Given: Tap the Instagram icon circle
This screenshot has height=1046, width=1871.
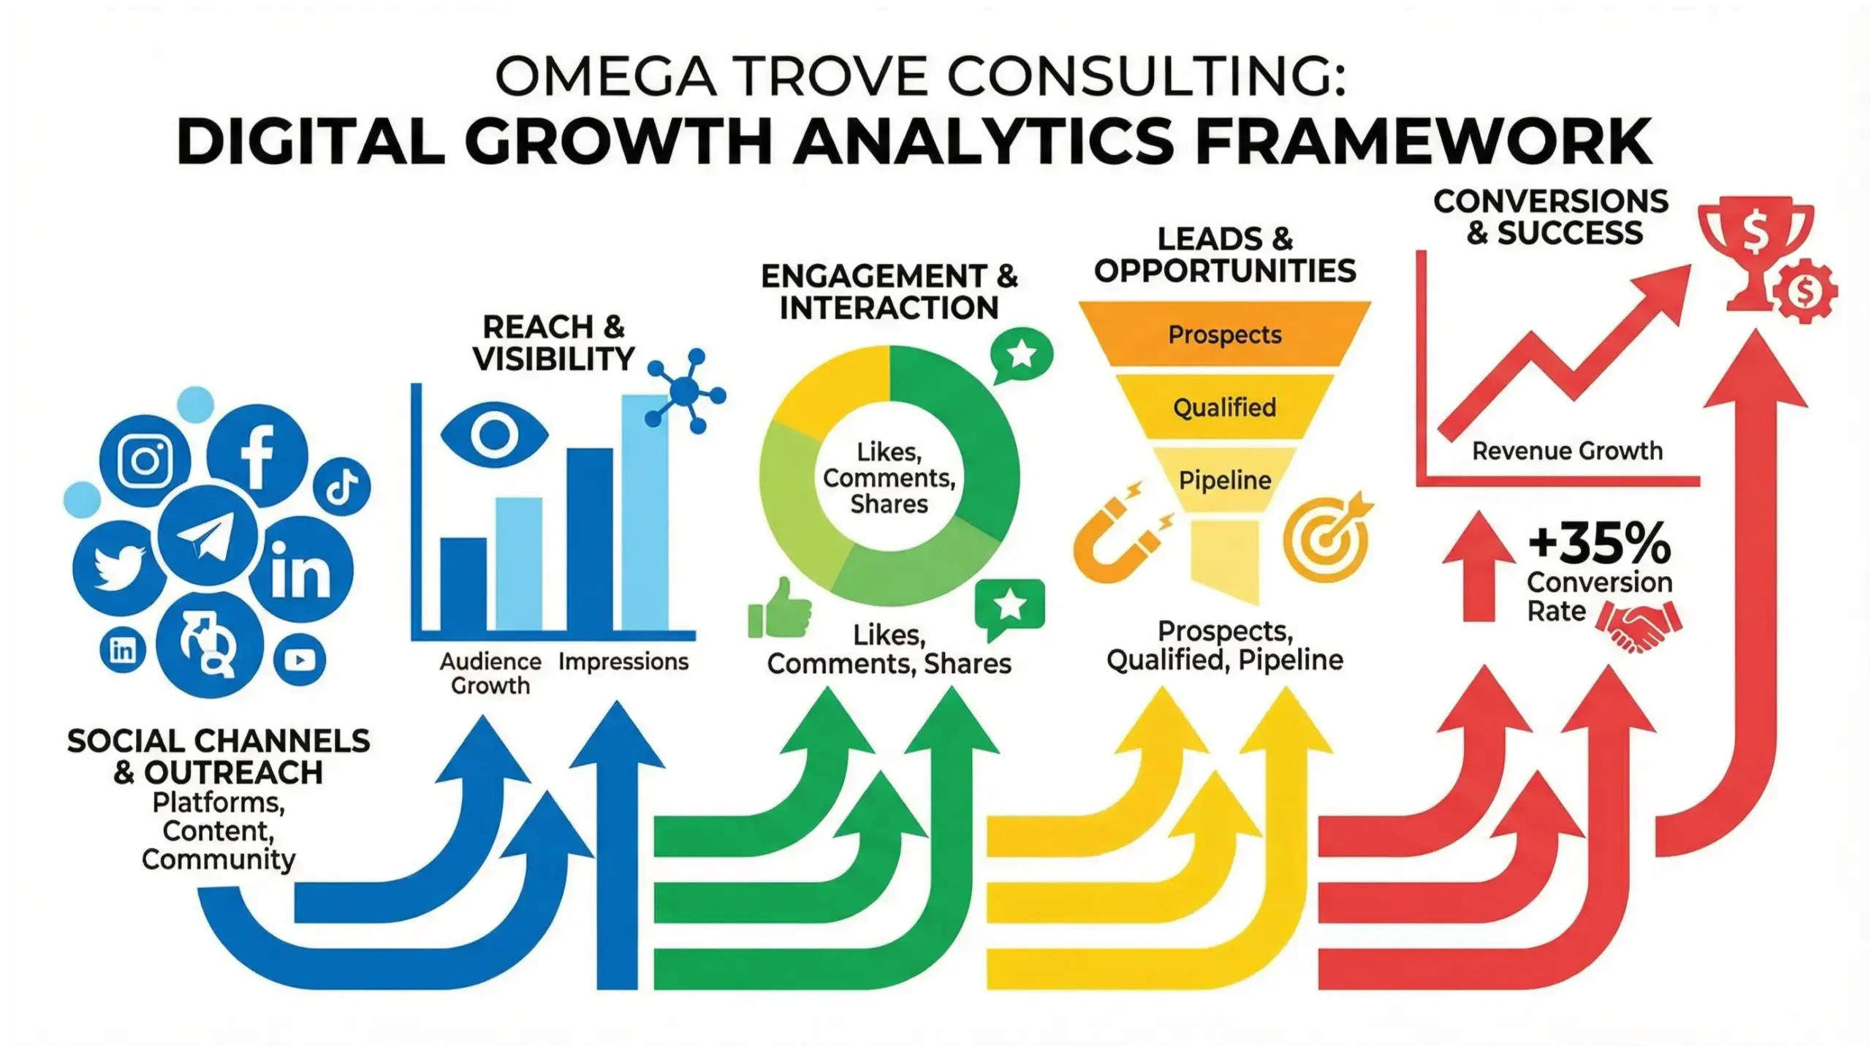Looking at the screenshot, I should pos(145,461).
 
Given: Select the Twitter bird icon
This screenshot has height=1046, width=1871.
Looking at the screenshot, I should pos(120,566).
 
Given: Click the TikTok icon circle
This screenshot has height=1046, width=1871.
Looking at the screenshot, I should pos(341,487).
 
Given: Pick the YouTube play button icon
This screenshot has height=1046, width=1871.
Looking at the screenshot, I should pos(300,660).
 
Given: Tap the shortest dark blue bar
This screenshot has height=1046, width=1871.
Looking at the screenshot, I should pos(463,584).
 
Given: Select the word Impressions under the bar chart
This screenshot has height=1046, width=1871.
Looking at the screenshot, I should pos(623,662).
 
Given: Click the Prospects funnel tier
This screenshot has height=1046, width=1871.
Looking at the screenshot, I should pos(1224,335).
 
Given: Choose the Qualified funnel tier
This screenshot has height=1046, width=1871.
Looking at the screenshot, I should pos(1224,407).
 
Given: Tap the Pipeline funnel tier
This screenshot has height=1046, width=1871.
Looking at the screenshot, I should pos(1224,480).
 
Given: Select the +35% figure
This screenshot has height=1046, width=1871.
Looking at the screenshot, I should pos(1599,544).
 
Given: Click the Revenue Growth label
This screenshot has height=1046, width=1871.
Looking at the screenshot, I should pos(1567,451).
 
